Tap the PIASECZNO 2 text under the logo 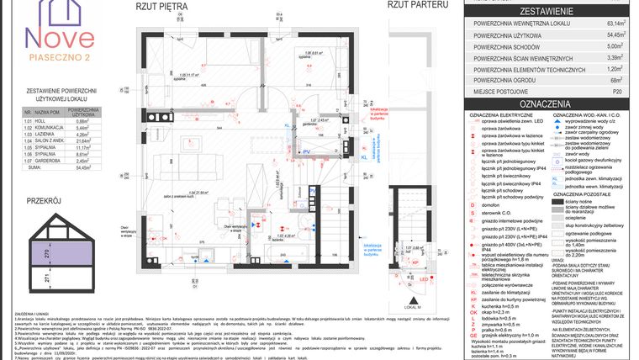pos(59,57)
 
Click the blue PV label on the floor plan pos(306,151)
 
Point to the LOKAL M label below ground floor pos(413,299)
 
